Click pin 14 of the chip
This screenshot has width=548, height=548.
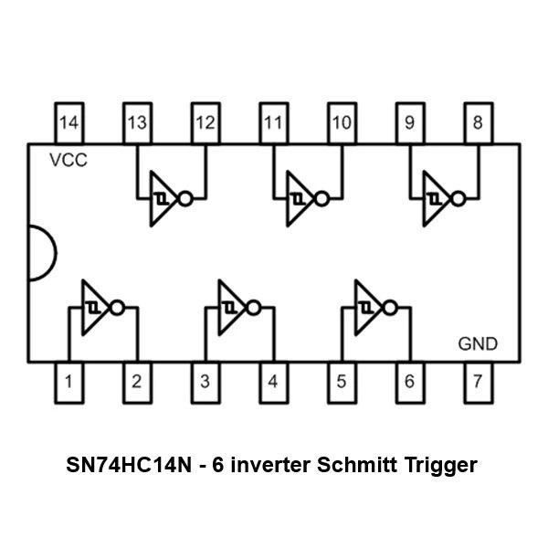tap(69, 122)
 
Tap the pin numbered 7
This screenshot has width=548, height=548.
tap(479, 383)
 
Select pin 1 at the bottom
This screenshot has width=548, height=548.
tap(69, 383)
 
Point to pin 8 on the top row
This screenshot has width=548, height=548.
tap(479, 122)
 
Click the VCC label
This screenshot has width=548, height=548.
tap(68, 161)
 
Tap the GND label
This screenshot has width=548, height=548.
tap(478, 344)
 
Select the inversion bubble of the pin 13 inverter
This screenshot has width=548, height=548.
tap(185, 199)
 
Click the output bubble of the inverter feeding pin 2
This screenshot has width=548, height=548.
tap(118, 308)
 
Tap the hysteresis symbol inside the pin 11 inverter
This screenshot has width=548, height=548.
tap(298, 199)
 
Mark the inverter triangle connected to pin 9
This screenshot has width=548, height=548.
tap(437, 199)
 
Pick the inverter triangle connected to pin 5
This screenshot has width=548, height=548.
tap(369, 308)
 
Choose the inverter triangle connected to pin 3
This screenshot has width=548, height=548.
tap(233, 308)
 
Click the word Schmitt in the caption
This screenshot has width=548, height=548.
tap(357, 465)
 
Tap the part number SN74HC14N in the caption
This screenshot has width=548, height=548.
tap(129, 465)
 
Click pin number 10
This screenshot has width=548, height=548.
tap(342, 122)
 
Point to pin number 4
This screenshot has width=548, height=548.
tap(274, 383)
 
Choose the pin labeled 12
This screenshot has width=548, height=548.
tap(205, 122)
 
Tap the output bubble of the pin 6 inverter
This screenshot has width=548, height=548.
tap(390, 308)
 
